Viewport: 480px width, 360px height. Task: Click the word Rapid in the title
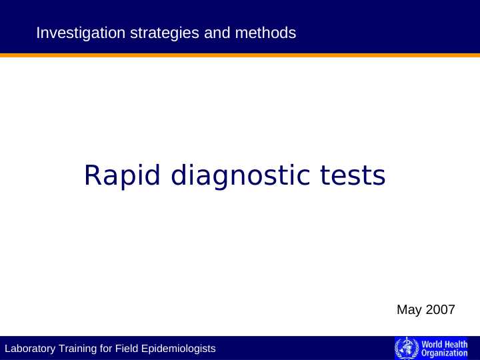pos(123,176)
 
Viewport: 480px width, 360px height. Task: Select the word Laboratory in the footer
pos(31,349)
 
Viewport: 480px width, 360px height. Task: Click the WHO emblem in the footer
pos(404,348)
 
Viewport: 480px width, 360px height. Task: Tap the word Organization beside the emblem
pos(445,353)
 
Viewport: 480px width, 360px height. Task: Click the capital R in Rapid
pos(92,176)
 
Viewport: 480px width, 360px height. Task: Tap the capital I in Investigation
pos(38,32)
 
